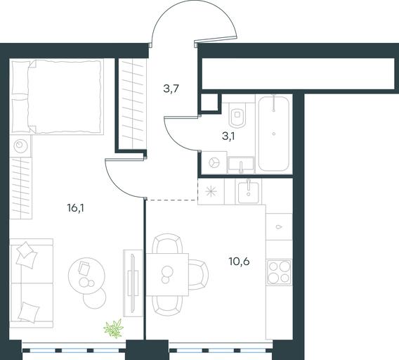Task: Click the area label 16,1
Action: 76,209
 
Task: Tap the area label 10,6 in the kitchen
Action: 240,262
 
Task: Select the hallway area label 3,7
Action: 171,89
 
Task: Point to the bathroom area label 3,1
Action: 228,136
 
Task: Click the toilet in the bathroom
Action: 237,115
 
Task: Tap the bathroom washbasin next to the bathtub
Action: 241,165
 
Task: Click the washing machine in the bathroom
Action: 214,163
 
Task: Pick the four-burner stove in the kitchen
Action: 279,272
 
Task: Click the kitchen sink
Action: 249,191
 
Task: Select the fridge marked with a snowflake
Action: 211,191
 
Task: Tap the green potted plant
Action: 114,328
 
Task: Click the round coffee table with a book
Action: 86,276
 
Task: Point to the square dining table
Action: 167,275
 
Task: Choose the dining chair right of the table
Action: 199,275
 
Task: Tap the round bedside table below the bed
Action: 20,146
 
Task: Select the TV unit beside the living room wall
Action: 133,283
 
